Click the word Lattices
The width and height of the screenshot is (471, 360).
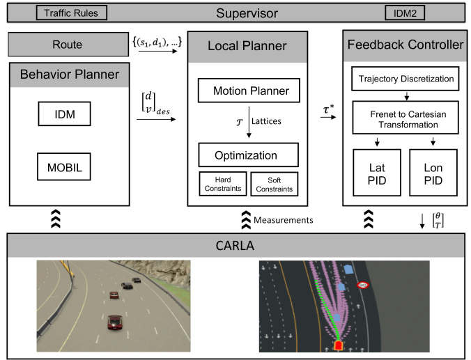point(268,121)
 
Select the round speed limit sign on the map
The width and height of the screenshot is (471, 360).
point(363,285)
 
